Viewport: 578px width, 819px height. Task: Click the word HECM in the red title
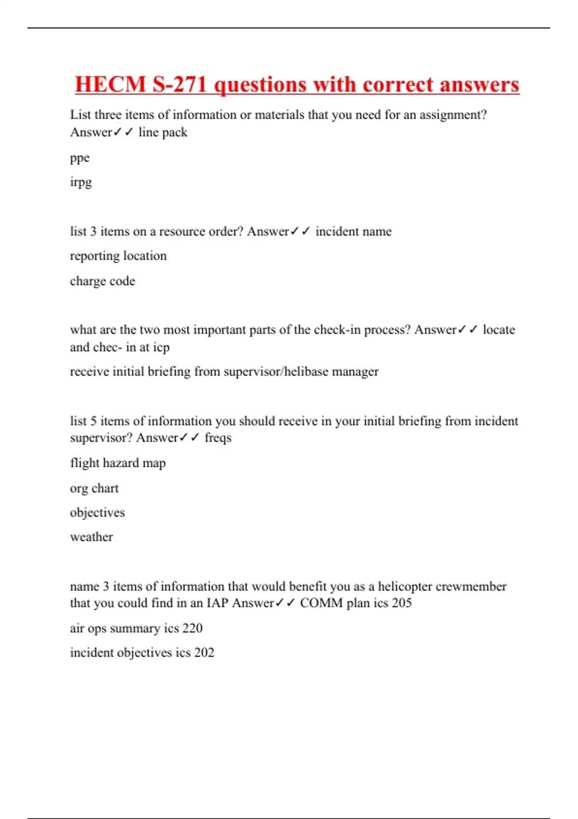110,84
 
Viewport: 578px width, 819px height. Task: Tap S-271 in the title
180,84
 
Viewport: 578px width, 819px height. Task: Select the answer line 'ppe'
80,158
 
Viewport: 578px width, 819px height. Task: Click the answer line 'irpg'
81,182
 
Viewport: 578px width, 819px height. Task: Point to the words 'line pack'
163,132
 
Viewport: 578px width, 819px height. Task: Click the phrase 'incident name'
353,231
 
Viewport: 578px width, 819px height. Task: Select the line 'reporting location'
118,256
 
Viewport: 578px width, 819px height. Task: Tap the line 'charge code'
103,281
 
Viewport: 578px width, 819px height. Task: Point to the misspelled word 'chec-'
107,347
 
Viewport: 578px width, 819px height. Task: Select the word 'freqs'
218,437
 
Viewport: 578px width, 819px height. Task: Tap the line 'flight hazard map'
118,463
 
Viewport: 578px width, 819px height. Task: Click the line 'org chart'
94,488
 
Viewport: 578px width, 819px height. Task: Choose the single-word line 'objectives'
97,512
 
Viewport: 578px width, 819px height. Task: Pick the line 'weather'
92,537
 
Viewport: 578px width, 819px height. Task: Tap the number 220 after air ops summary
193,628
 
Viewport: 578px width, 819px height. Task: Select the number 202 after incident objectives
204,652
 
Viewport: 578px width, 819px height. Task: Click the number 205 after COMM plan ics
402,603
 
